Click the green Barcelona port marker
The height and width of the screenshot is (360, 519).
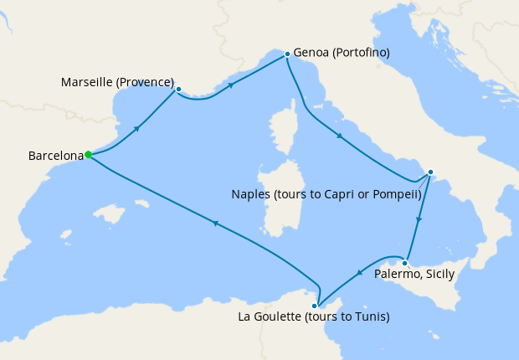[88, 154]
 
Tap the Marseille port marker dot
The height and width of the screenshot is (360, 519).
[179, 86]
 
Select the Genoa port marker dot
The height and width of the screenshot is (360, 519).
[287, 54]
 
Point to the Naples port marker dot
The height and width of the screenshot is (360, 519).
[430, 172]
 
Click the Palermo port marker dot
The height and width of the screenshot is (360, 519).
[404, 263]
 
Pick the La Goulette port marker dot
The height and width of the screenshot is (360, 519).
[315, 306]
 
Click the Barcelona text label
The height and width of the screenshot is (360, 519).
[56, 156]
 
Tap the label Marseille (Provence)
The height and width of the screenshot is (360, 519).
[118, 83]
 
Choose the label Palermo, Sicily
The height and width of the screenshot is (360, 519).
[415, 274]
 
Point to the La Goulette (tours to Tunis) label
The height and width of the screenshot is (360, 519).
[314, 317]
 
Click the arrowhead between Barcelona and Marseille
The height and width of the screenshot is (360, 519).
[136, 128]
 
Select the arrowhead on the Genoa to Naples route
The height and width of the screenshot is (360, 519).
[339, 136]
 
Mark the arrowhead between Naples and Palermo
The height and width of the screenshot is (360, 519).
[419, 219]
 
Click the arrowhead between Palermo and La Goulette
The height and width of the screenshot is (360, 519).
[359, 270]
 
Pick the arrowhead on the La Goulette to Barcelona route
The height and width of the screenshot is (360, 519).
[215, 223]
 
